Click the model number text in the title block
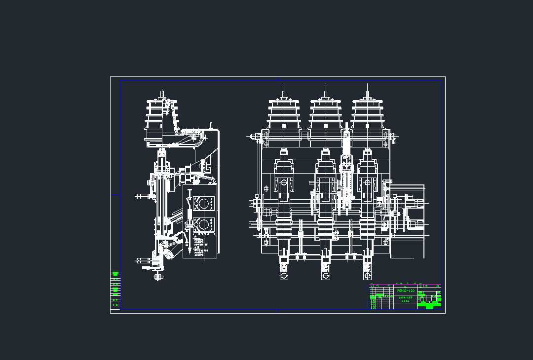406,291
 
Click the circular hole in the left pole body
284,182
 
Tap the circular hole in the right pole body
368,182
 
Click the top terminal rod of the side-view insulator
162,94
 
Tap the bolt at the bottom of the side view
158,277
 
